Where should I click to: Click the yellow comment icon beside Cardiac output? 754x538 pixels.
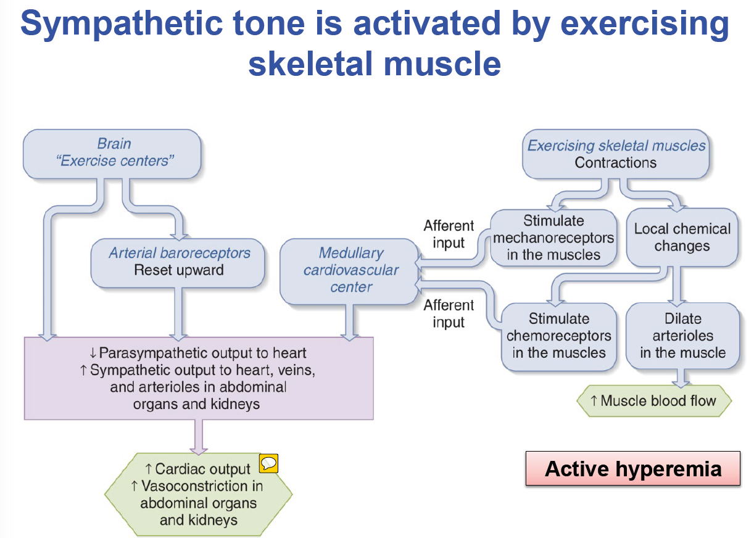point(268,463)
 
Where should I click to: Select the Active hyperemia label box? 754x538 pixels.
point(632,469)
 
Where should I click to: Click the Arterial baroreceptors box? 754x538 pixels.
point(179,261)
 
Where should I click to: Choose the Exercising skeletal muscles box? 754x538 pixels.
point(615,154)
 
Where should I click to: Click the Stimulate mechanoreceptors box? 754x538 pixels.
point(553,238)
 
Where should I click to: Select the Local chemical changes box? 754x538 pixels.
point(682,238)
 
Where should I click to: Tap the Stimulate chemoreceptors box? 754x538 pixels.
point(558,336)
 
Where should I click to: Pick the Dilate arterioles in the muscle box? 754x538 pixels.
point(682,336)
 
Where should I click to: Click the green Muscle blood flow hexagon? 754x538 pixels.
point(653,401)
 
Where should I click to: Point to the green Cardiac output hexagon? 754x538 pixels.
point(198,494)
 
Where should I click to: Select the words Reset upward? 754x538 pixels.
point(179,270)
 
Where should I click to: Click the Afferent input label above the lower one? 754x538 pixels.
point(449,234)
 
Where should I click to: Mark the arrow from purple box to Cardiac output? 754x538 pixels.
point(199,437)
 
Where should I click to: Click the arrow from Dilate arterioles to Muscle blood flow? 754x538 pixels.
point(682,378)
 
